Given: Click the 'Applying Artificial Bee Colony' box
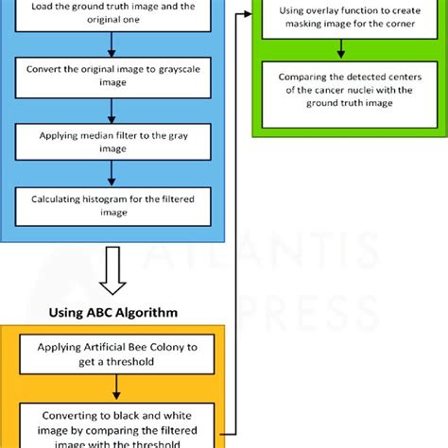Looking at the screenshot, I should coord(117,354).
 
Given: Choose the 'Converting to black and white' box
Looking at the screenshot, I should coord(117,424).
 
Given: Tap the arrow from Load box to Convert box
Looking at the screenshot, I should coord(112,42).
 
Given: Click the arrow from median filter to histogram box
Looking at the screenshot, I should coord(112,172).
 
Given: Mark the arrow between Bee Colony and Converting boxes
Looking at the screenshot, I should coord(117,388).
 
